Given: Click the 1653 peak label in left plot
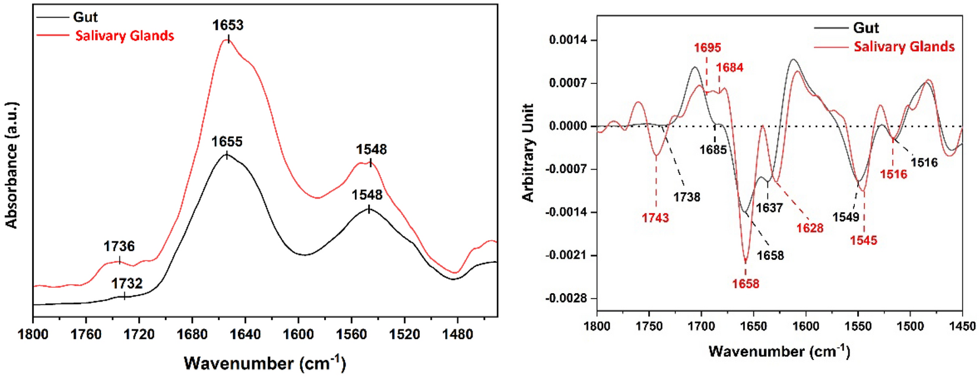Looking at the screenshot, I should pos(228,25).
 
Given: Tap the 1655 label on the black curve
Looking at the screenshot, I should pos(227,142).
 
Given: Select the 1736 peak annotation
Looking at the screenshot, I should pos(119,246).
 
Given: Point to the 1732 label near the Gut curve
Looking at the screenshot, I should pos(126,283).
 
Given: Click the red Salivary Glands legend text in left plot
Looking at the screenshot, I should pos(125,36).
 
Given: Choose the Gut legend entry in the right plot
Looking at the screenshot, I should pos(865,28).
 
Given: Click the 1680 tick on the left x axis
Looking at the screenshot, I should pos(192,334).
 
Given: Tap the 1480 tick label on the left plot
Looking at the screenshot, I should pos(457,334).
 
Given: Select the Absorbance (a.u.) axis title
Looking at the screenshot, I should pos(12,165).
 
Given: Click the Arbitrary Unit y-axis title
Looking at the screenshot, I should pos(528,153).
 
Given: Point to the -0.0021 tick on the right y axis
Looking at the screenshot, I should pos(568,255).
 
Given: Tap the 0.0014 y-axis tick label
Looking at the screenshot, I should pos(568,40).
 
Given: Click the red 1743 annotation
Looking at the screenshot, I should pos(655,218).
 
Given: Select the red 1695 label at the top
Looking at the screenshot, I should pos(707,48).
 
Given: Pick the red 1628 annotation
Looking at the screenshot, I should pos(810,228).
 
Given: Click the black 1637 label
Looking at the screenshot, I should pos(769,208).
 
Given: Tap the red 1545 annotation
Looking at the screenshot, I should pos(863,240).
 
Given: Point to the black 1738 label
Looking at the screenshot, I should pos(686,197).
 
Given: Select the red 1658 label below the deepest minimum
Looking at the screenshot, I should pos(746,284).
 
